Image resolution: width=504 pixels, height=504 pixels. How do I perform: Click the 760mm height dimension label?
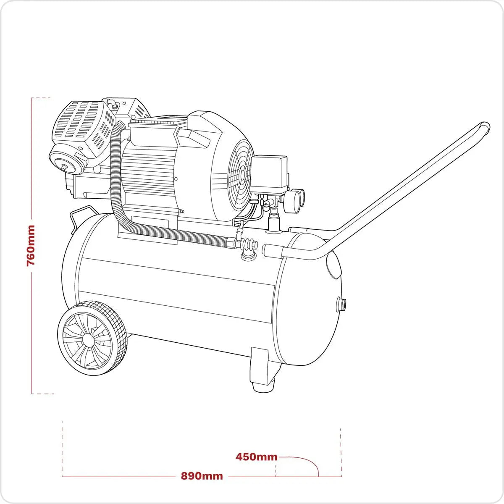pyautogui.click(x=31, y=245)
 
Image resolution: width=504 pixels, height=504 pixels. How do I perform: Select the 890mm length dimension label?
pyautogui.click(x=202, y=476)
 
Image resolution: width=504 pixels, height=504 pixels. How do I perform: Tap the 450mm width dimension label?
pyautogui.click(x=256, y=457)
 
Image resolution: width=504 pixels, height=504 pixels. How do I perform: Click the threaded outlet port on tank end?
pyautogui.click(x=343, y=304)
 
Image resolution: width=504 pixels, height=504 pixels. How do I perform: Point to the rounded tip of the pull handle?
pyautogui.click(x=485, y=126)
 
